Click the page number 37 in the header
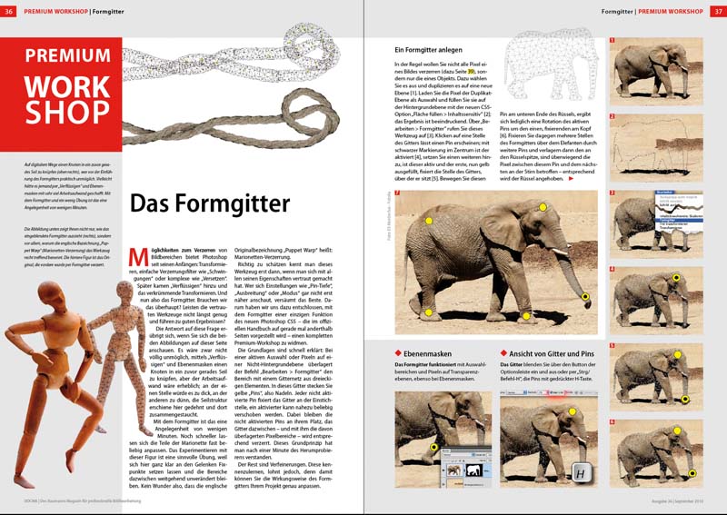(715, 11)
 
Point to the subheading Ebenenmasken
(432, 352)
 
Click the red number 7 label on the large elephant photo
(400, 197)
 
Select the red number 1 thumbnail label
(612, 40)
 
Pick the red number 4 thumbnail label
(612, 270)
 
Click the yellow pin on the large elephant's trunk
(585, 297)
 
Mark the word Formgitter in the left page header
(109, 11)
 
